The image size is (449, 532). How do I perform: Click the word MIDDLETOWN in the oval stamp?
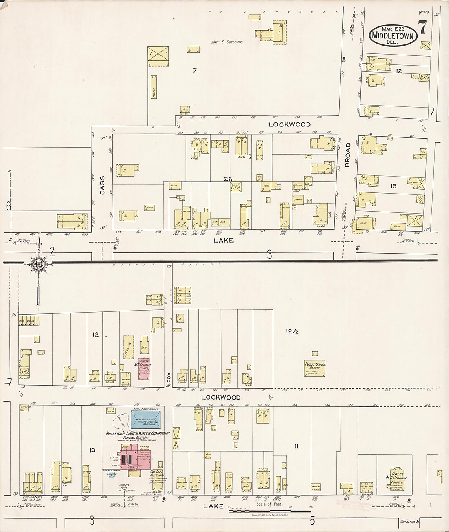[x=393, y=36]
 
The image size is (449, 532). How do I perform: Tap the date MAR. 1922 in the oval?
[x=393, y=29]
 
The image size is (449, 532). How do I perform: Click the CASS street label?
[x=102, y=185]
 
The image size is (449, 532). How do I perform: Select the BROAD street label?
[x=348, y=155]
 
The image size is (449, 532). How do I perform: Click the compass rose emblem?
[x=39, y=264]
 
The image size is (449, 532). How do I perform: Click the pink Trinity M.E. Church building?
[x=144, y=369]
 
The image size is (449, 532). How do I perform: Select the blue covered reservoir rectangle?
[x=146, y=417]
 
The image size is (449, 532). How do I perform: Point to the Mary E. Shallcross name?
[x=227, y=42]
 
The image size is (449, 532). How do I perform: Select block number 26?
[x=228, y=179]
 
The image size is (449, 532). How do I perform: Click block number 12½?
[x=292, y=331]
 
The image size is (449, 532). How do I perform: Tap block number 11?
[x=296, y=446]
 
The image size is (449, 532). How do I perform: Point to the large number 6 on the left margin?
[x=8, y=207]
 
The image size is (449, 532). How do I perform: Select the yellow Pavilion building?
[x=129, y=347]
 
